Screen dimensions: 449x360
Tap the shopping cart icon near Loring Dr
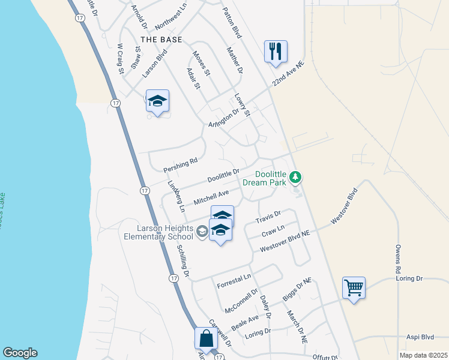point(354,287)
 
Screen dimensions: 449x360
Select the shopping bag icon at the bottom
point(206,338)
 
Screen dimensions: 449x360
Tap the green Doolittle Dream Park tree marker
point(295,177)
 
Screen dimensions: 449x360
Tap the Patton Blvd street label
point(231,23)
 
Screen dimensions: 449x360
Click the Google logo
point(20,353)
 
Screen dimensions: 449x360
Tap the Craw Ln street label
point(273,230)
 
